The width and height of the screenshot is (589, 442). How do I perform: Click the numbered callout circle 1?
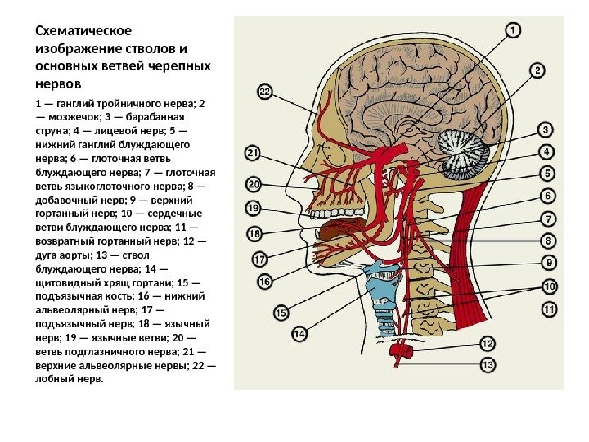click(513, 30)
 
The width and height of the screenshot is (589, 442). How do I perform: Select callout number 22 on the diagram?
click(264, 92)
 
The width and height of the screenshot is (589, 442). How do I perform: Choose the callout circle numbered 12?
click(488, 344)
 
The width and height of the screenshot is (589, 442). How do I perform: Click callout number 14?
click(299, 334)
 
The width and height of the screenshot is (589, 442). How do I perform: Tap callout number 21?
click(253, 153)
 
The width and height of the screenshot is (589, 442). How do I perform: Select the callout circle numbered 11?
click(549, 309)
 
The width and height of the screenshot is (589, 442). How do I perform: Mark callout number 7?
click(548, 219)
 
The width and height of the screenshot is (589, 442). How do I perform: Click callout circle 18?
click(254, 234)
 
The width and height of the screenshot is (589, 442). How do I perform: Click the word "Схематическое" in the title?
click(83, 31)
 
